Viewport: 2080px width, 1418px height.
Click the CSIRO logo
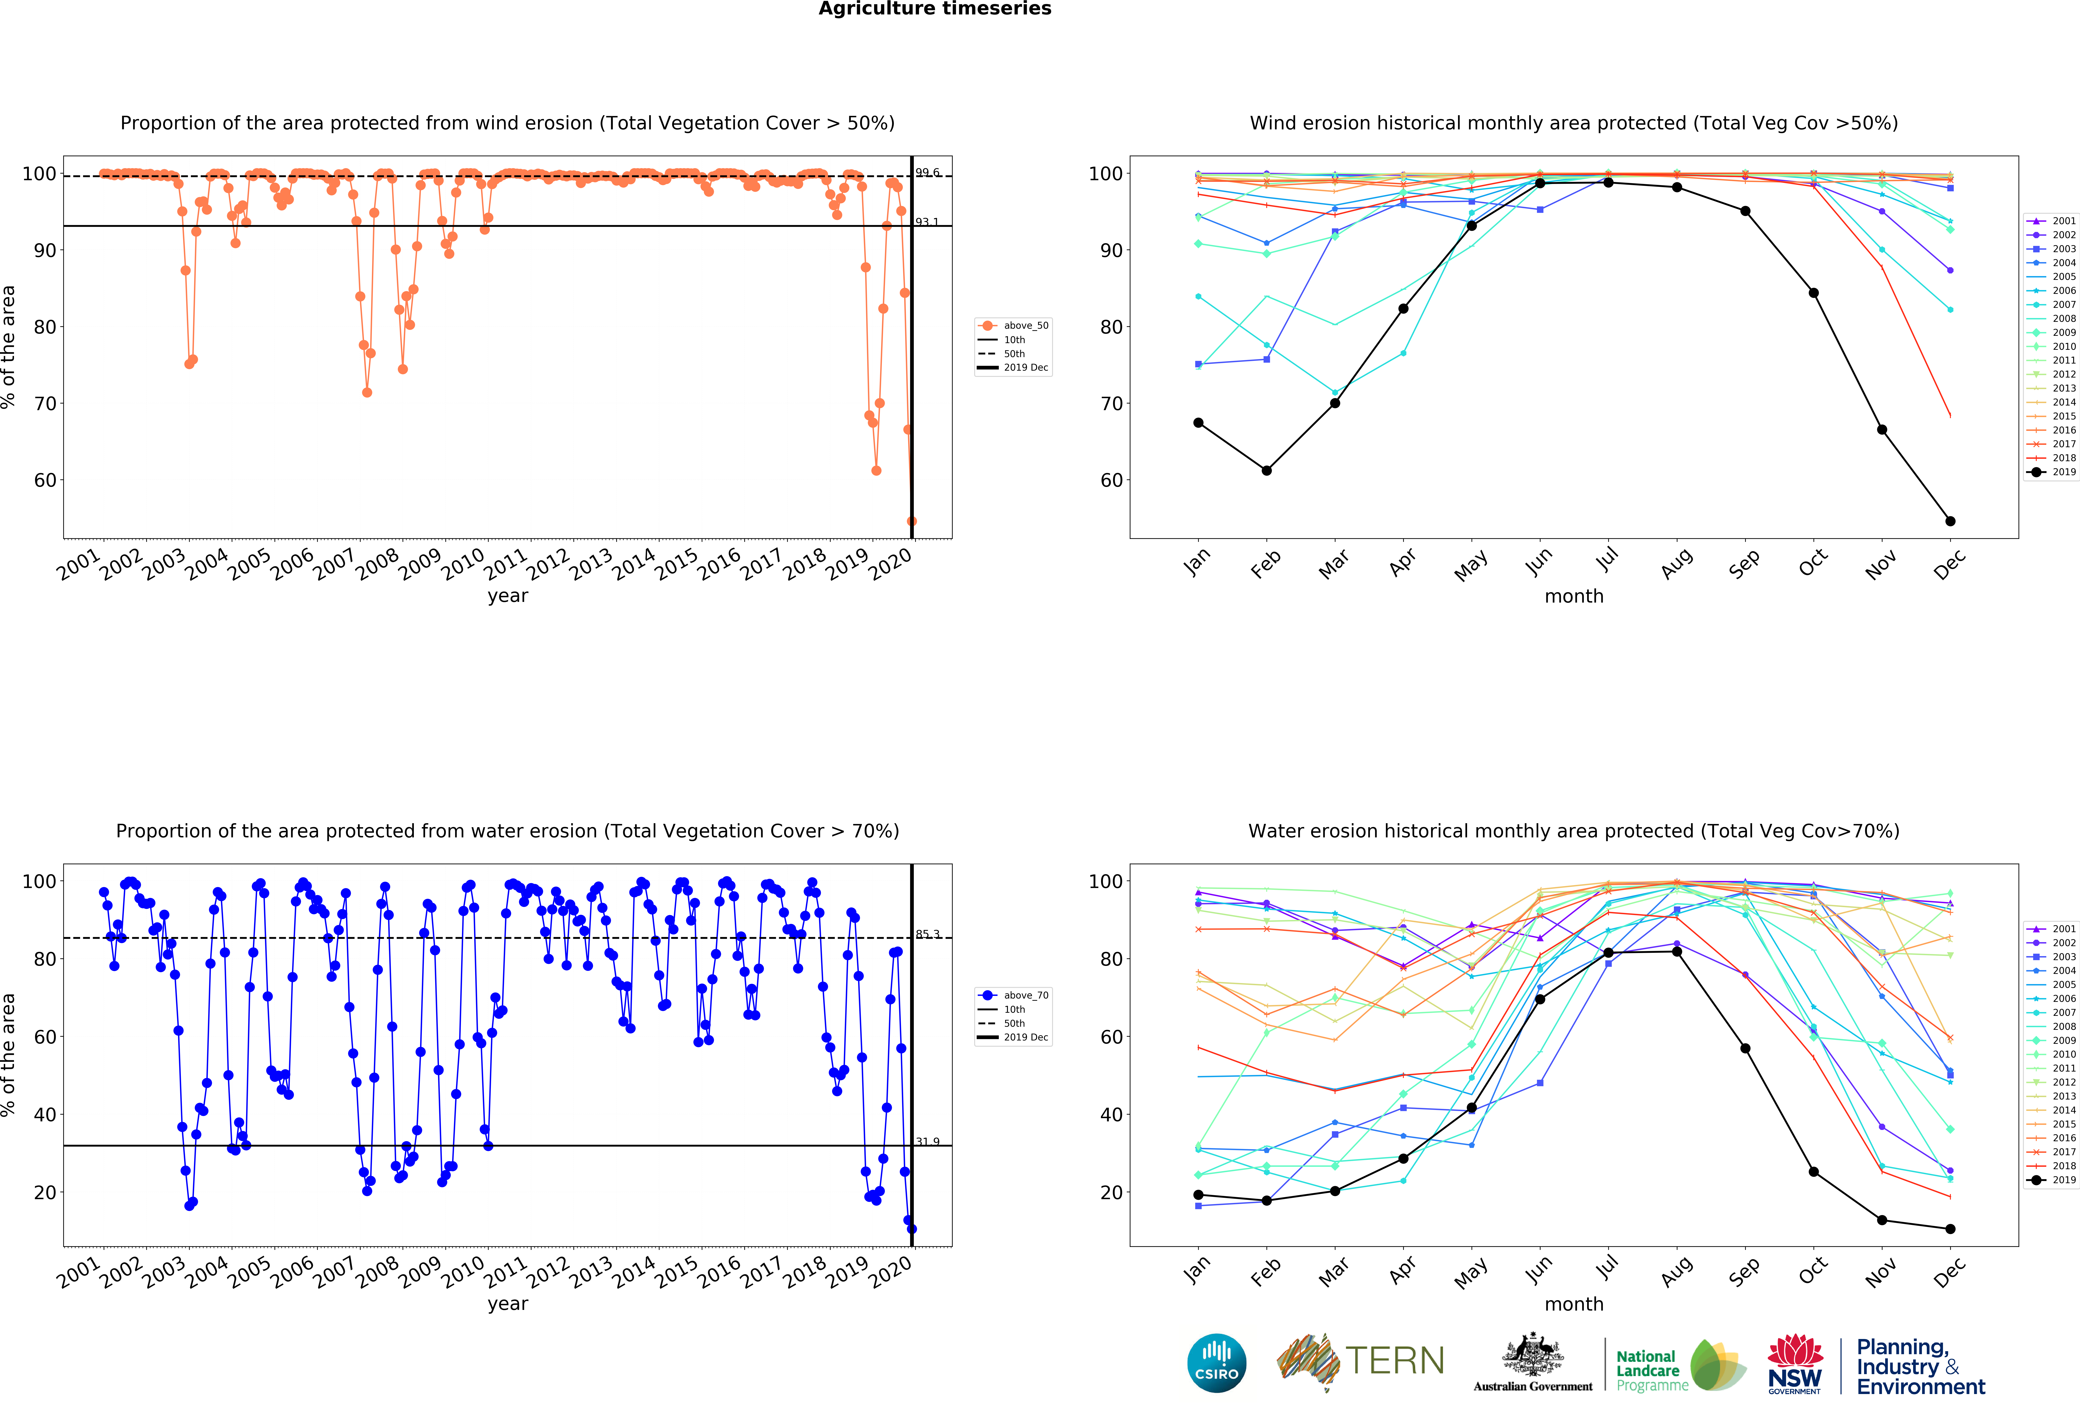[1216, 1363]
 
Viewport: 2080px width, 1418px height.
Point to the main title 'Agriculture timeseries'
[934, 9]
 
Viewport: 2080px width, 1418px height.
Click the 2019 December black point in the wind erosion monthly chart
[1950, 521]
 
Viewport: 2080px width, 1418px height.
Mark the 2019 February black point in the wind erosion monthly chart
[1266, 471]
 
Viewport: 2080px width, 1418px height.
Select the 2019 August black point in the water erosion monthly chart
[1676, 952]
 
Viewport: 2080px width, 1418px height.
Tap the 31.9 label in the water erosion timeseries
[927, 1141]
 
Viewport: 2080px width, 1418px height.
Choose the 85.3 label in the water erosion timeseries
[927, 934]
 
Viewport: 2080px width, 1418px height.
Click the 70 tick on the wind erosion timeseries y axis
[45, 404]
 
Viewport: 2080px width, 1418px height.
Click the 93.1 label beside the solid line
[927, 222]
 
